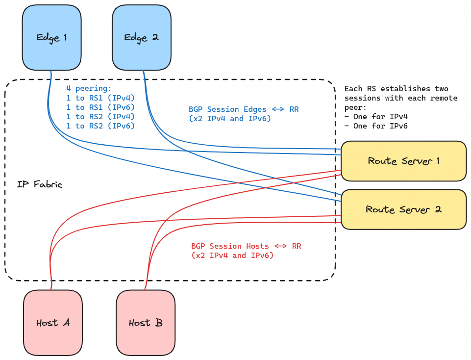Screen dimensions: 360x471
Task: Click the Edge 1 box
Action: (x=51, y=38)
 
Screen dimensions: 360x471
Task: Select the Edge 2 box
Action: (x=141, y=38)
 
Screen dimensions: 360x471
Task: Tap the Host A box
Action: (x=53, y=322)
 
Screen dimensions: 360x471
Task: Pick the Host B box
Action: (x=146, y=322)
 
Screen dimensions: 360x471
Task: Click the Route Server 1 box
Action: (x=403, y=161)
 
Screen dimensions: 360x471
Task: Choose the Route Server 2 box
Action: (x=403, y=209)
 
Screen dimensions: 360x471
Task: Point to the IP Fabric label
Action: (x=40, y=185)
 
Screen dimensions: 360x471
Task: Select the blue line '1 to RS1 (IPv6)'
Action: (x=100, y=107)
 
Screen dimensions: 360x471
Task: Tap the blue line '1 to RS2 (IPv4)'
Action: (x=100, y=117)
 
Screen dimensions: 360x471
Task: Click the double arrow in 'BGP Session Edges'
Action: (x=278, y=109)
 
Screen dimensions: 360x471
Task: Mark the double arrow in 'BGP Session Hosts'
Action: (x=280, y=246)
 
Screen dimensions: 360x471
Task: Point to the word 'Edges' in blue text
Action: (x=255, y=109)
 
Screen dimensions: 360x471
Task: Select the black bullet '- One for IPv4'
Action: (x=376, y=117)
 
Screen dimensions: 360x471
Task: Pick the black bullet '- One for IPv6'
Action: (x=376, y=126)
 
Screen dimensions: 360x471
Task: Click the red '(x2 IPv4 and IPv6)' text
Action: (x=232, y=256)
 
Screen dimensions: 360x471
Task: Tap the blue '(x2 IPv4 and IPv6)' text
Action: (x=230, y=119)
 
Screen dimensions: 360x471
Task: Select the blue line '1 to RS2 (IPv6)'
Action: (x=100, y=126)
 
